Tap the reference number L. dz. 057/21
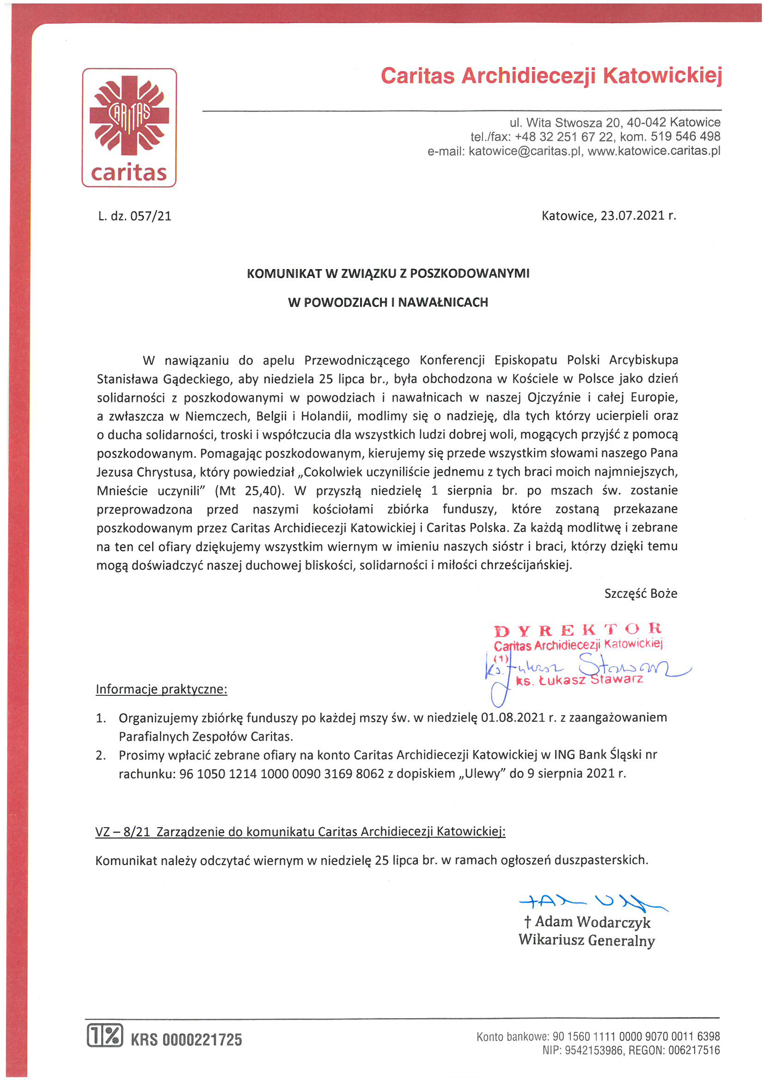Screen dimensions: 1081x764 click(x=134, y=216)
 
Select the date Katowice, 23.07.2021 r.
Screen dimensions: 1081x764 click(x=608, y=215)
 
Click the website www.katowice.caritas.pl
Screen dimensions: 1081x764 click(x=654, y=151)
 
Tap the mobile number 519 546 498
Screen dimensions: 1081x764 click(x=685, y=136)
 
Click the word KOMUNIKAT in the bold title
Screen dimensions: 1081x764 click(x=284, y=274)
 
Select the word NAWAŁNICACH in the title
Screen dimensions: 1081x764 click(x=443, y=302)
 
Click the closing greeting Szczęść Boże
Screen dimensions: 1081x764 click(x=640, y=593)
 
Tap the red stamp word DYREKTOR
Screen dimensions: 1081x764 click(x=578, y=629)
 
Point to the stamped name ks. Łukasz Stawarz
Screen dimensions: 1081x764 click(x=580, y=680)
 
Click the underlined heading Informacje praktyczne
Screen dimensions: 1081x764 click(x=161, y=689)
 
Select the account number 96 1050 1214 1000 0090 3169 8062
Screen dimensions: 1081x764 click(x=281, y=774)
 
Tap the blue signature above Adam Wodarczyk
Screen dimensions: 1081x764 click(x=593, y=901)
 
